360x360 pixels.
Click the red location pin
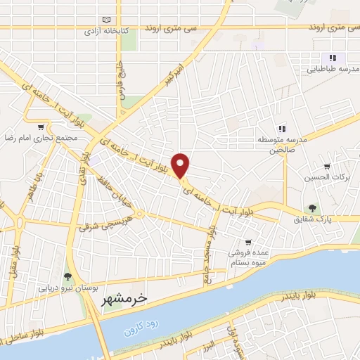(x=181, y=165)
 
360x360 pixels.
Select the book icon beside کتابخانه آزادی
(x=106, y=19)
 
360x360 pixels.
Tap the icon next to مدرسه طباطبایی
(x=333, y=58)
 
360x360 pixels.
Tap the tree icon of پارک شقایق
(x=312, y=207)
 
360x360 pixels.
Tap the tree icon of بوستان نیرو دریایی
(x=67, y=276)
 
